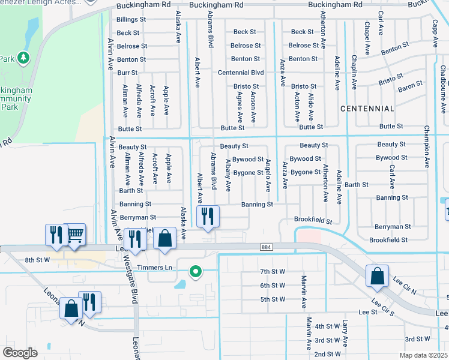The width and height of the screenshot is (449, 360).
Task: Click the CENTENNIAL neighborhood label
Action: click(x=367, y=109)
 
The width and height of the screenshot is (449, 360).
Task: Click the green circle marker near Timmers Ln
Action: click(x=194, y=272)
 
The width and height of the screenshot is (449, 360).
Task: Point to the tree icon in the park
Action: click(x=24, y=58)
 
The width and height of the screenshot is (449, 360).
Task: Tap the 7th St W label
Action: click(x=273, y=272)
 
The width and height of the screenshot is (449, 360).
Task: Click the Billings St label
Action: click(x=131, y=19)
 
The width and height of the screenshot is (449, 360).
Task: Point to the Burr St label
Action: click(x=128, y=73)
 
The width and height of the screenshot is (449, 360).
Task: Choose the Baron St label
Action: click(x=411, y=87)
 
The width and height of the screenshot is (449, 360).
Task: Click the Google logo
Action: click(x=20, y=353)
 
